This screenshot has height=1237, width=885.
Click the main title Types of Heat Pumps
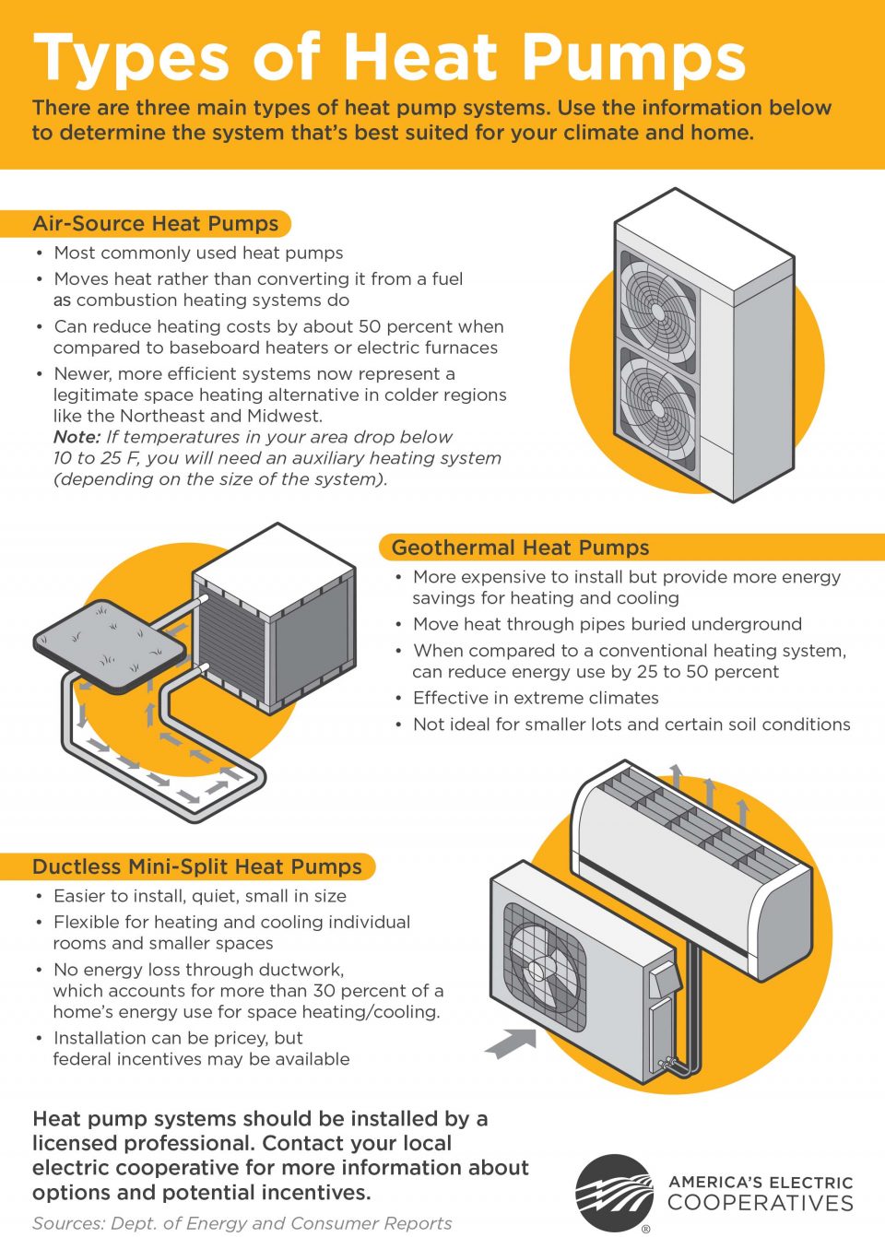click(x=388, y=57)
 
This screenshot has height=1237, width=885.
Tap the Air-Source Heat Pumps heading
click(x=155, y=224)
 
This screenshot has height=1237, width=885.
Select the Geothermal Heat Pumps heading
click(x=520, y=548)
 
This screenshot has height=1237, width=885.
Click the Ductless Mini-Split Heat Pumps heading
click(x=196, y=866)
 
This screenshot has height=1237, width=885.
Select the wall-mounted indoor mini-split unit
click(x=691, y=866)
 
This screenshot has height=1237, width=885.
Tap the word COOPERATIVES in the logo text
click(x=761, y=1203)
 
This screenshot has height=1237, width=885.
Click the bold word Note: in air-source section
click(x=77, y=437)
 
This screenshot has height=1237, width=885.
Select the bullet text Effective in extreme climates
click(x=536, y=698)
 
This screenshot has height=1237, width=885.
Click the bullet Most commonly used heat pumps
click(x=198, y=253)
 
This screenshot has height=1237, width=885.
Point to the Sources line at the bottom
click(x=242, y=1223)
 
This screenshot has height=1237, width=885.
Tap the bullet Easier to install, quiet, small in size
click(x=199, y=896)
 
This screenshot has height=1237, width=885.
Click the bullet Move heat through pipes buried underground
click(x=607, y=624)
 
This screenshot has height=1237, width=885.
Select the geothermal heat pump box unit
click(x=277, y=618)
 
